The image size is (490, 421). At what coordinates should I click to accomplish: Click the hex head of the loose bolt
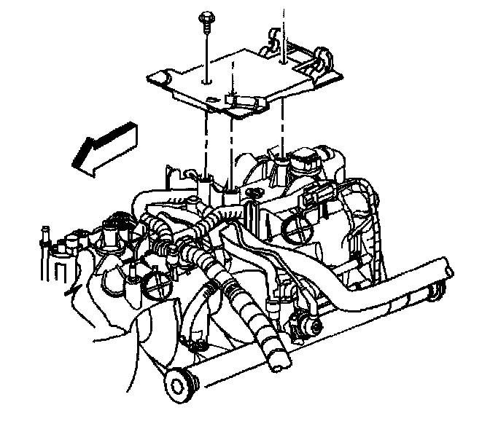click(x=207, y=15)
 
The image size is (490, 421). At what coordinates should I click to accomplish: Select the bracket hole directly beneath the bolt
click(x=208, y=81)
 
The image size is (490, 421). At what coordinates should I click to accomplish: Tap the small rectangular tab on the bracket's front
click(x=232, y=99)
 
